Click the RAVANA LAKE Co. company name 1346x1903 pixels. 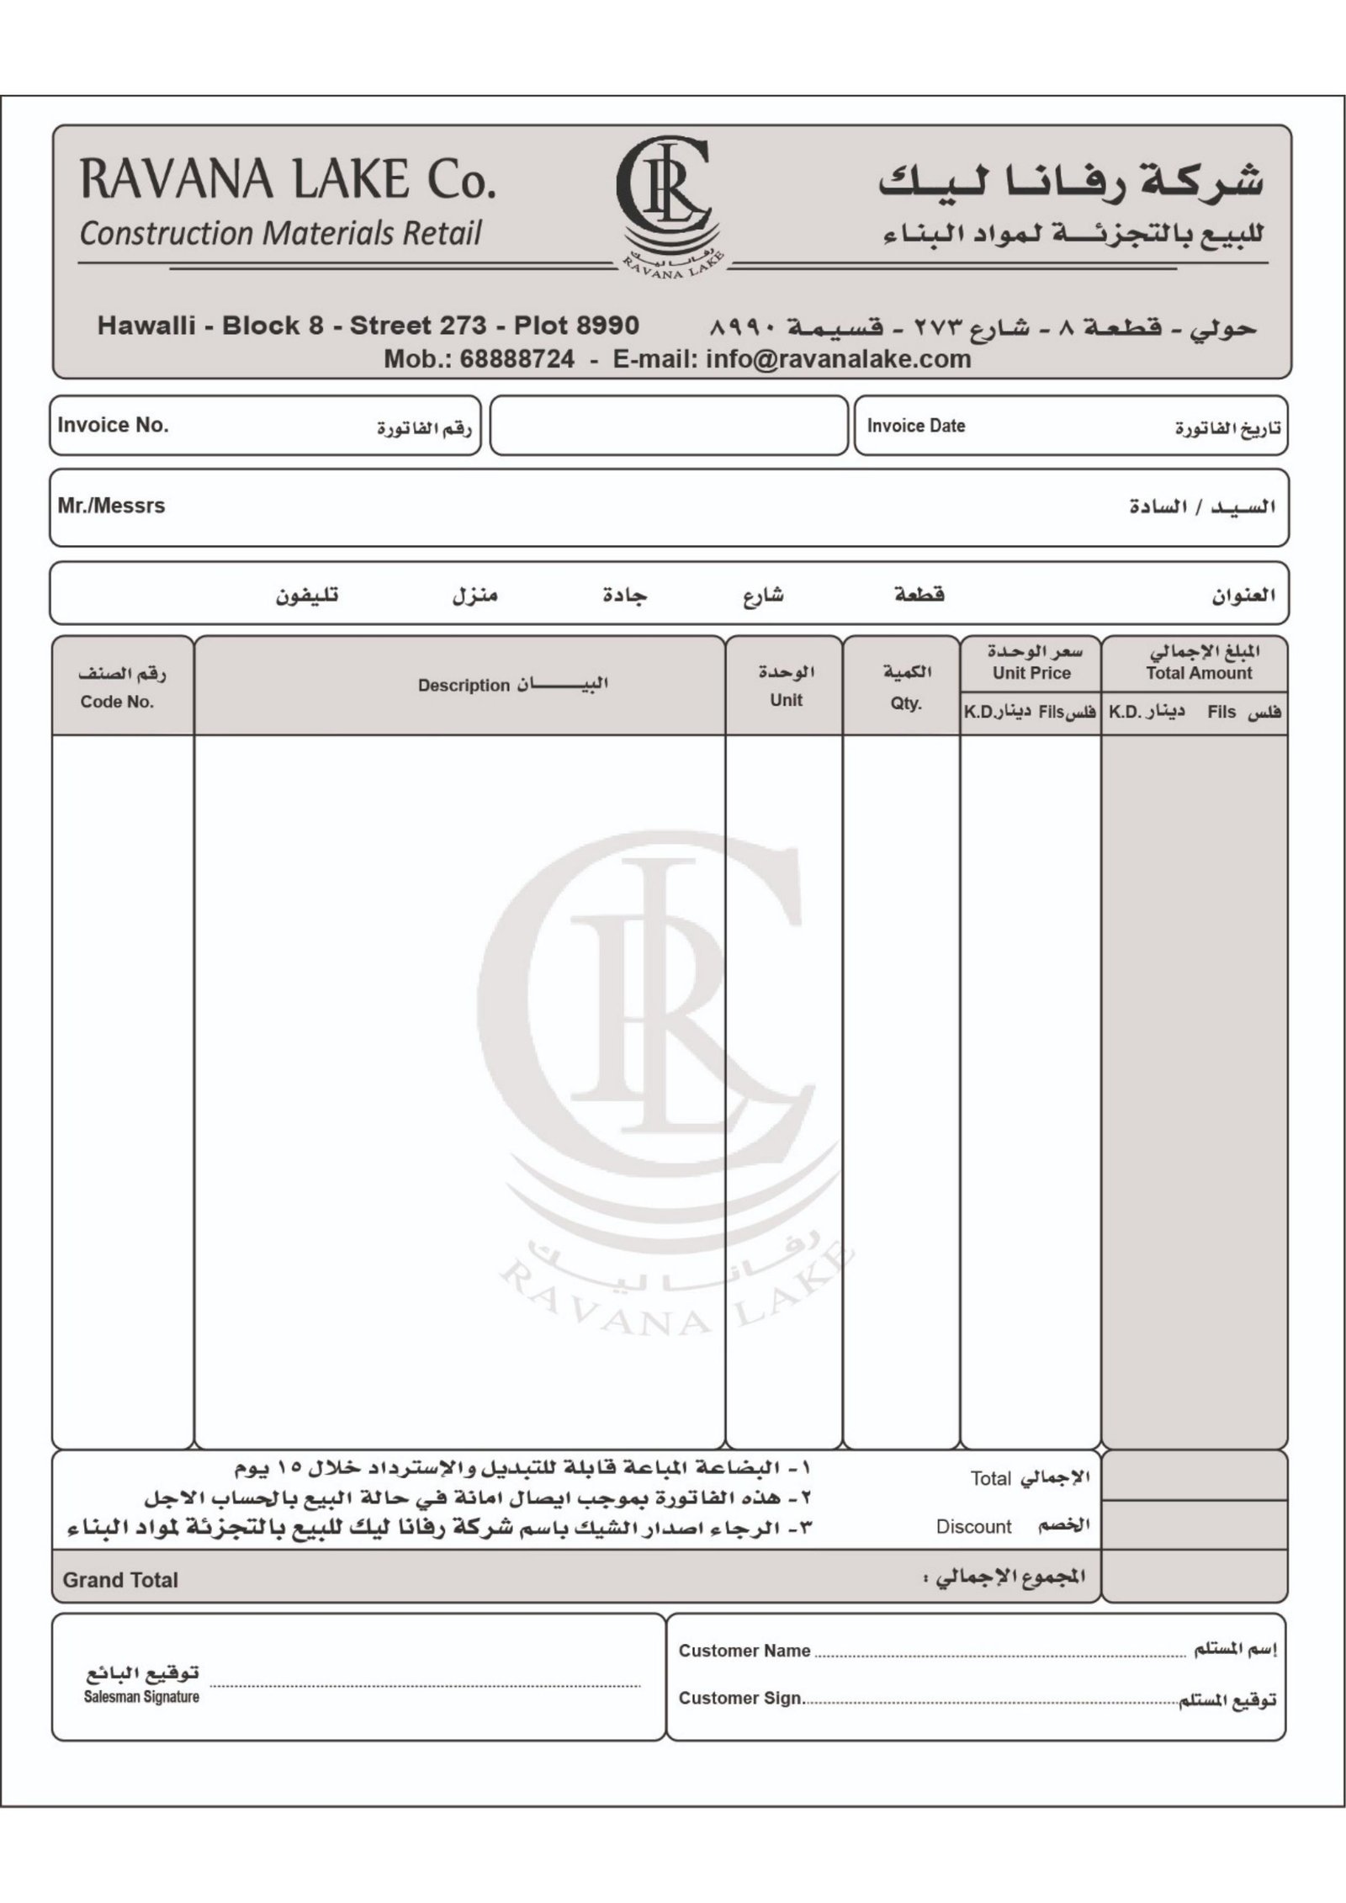287,179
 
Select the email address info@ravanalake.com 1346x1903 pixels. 839,359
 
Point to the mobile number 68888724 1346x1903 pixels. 517,359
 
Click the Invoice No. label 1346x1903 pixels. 114,425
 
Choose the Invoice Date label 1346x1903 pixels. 916,426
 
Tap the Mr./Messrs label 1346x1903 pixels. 111,506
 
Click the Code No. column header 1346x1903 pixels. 118,702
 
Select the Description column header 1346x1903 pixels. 464,685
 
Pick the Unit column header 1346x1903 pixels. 786,700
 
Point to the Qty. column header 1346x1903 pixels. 906,703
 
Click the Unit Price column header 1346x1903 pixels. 1031,673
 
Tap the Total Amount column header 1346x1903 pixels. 1199,673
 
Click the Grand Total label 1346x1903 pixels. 120,1580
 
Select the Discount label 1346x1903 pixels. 974,1527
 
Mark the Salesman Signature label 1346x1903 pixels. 141,1697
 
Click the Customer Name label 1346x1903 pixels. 745,1651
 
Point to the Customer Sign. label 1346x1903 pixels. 740,1698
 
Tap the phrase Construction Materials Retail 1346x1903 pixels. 280,233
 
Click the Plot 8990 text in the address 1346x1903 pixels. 576,326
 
